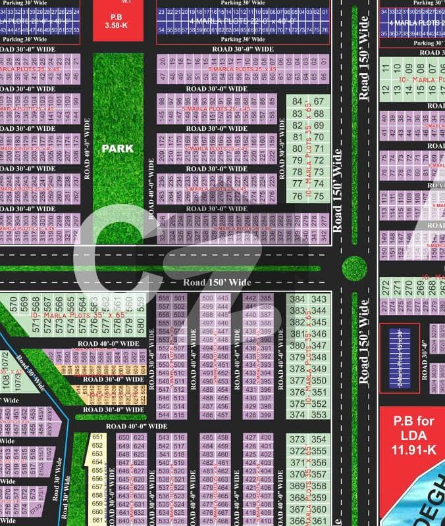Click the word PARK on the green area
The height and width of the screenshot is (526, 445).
click(117, 149)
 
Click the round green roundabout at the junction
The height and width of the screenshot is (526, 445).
click(354, 266)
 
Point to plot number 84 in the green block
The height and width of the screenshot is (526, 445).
click(298, 101)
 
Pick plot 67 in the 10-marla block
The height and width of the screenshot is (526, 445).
click(319, 101)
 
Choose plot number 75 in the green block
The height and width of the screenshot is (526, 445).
click(319, 196)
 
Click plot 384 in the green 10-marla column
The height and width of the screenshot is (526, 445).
click(298, 299)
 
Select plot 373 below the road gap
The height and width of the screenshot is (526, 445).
click(298, 439)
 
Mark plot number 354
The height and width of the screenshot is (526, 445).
click(319, 439)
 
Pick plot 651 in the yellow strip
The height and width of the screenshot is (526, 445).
click(97, 437)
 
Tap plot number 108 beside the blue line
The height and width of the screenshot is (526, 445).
click(6, 380)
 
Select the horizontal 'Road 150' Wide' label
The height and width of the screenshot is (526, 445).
click(217, 282)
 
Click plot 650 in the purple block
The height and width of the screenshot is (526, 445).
click(122, 446)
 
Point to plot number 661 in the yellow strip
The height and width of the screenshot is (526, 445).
click(97, 520)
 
